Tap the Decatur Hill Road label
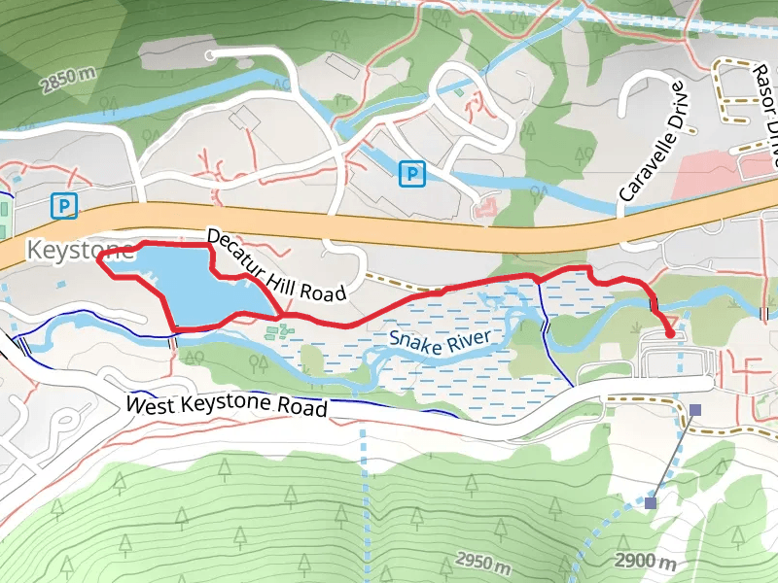coord(277,265)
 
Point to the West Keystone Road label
coord(228,404)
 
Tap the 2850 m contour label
coord(68,82)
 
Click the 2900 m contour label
coord(646,562)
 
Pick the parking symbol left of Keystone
coord(64,206)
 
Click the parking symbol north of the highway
coord(413,174)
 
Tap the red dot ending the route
coord(670,333)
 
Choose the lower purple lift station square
coord(650,502)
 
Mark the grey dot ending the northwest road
coord(210,56)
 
